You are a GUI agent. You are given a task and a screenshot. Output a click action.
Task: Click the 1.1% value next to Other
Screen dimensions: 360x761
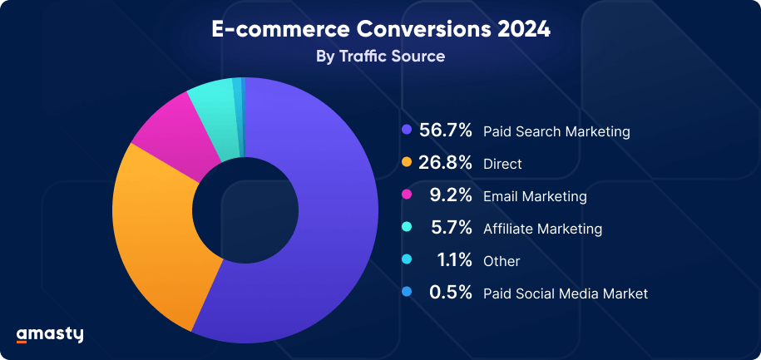[455, 260]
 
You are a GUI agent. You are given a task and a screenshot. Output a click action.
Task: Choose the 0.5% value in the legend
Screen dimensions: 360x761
[451, 293]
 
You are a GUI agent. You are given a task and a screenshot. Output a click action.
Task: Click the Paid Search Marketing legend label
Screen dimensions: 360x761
[556, 131]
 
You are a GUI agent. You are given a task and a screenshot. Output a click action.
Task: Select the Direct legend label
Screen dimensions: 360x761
[502, 165]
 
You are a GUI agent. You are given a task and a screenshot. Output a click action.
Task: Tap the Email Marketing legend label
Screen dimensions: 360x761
[535, 197]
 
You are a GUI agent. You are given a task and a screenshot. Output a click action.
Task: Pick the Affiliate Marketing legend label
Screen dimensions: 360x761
[542, 229]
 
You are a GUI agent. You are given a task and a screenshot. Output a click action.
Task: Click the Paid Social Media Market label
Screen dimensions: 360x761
[565, 293]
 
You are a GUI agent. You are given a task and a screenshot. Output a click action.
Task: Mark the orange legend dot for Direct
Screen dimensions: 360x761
[407, 163]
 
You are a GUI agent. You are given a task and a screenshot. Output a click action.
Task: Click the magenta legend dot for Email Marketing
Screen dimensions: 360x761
[407, 195]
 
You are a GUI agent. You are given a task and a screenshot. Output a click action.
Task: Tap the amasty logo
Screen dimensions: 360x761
[50, 334]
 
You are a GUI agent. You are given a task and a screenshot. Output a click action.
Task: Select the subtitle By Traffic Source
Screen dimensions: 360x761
[380, 57]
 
